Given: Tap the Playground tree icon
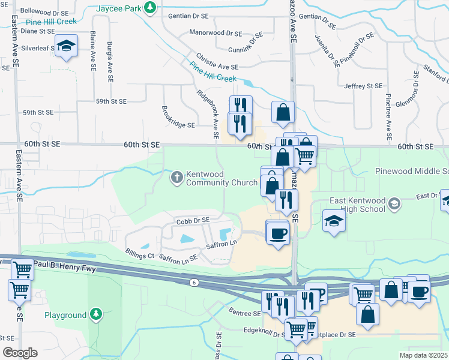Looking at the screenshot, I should tap(95, 314).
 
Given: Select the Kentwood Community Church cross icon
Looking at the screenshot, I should tap(176, 176).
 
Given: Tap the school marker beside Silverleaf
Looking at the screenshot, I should tap(67, 47).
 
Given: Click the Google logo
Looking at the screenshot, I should tap(20, 352).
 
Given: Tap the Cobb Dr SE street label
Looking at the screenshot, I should tap(193, 220).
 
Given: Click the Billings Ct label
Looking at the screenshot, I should tap(139, 255).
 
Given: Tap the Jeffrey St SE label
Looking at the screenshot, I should tap(363, 86).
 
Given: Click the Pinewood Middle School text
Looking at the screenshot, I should tap(412, 171).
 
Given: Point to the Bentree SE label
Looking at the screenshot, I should tap(245, 312).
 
